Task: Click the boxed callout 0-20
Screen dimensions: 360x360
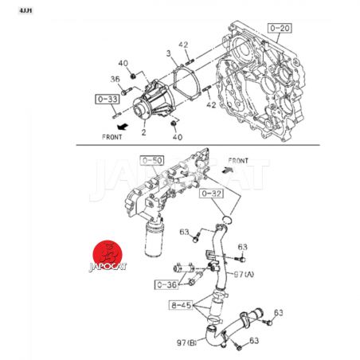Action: coord(280,28)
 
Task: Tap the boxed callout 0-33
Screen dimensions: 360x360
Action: coord(108,99)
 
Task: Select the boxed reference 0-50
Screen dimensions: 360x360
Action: coord(152,161)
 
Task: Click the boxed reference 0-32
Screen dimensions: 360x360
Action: coord(211,194)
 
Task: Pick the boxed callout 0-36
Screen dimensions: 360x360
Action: coord(166,284)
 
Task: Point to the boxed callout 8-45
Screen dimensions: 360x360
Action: coord(181,305)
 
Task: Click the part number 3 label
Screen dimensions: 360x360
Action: coord(169,53)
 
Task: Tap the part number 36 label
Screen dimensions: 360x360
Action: coord(115,79)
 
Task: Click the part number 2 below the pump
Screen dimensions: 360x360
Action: coord(143,132)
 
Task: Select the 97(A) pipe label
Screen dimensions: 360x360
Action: coord(244,274)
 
